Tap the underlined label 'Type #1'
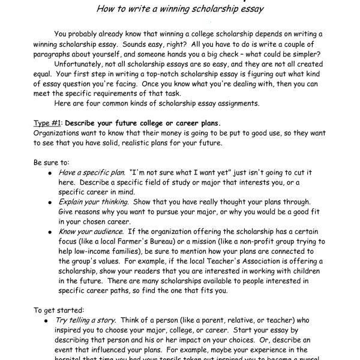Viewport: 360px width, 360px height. (x=47, y=123)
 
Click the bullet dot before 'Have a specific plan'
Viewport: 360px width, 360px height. (x=49, y=173)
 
